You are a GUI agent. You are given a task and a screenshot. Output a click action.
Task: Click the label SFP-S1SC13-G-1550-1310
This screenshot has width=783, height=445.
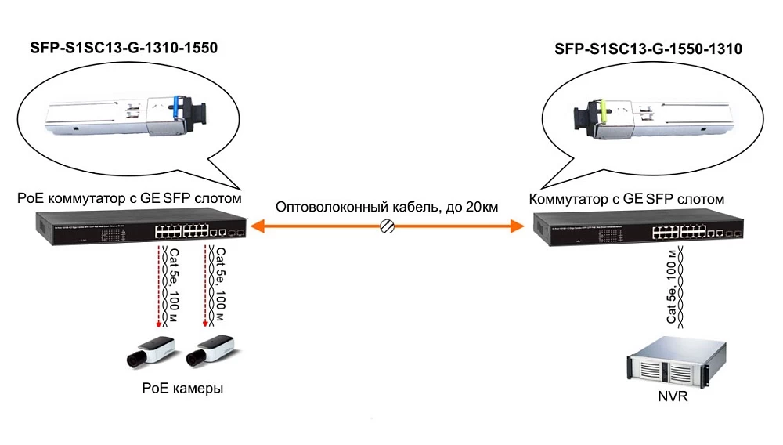(x=648, y=49)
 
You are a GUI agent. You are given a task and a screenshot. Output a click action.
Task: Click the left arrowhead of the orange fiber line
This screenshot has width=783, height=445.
(x=259, y=226)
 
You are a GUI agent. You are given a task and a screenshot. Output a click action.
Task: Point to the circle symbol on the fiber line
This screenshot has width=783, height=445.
(x=386, y=226)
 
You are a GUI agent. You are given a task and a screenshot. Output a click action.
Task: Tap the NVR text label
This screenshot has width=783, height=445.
(x=673, y=396)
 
